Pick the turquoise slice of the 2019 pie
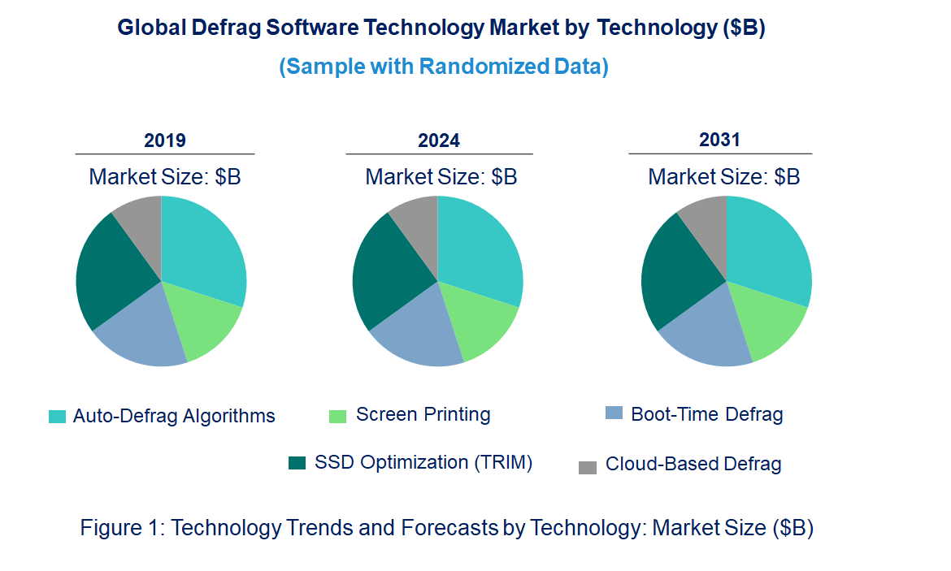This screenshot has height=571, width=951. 203,248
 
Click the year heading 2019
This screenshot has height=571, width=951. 165,141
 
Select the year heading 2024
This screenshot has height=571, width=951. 439,141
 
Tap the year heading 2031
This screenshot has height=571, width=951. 720,140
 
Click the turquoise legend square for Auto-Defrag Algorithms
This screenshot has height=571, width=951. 58,417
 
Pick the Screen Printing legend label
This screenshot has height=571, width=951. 423,414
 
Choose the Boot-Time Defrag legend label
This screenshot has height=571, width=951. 706,414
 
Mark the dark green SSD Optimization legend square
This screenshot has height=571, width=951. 297,463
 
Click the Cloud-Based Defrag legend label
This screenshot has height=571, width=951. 693,465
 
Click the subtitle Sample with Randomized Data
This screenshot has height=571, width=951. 444,67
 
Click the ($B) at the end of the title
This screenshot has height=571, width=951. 743,28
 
